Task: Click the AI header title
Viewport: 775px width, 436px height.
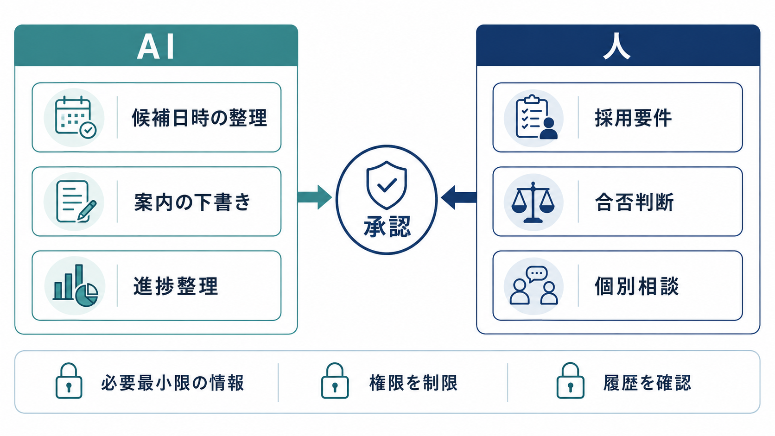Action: [155, 47]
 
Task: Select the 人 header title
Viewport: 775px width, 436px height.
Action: [617, 46]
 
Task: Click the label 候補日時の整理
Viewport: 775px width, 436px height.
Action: [200, 118]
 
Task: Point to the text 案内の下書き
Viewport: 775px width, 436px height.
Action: [192, 202]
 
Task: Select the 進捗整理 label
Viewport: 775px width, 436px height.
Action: [176, 286]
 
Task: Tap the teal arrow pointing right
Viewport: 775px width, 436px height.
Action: [315, 197]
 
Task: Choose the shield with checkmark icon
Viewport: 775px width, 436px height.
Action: [387, 185]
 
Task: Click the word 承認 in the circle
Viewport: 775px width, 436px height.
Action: [387, 227]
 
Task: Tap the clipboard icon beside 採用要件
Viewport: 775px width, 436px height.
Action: [536, 117]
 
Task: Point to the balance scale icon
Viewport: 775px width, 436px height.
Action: [533, 202]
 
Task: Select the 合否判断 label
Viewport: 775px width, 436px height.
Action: [634, 202]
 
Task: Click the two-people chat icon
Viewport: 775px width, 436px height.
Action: [534, 285]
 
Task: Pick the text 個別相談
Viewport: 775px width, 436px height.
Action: [636, 286]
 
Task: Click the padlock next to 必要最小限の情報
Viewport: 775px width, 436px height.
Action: [69, 381]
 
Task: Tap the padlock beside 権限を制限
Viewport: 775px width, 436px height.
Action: [335, 381]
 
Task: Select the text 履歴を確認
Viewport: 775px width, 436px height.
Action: [647, 383]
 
